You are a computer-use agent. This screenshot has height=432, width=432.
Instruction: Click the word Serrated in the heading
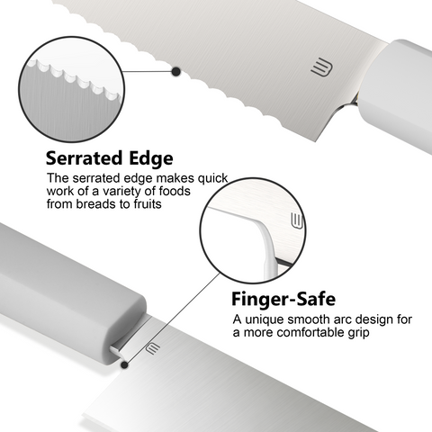[85, 158]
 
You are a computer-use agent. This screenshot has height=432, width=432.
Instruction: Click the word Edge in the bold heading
[151, 159]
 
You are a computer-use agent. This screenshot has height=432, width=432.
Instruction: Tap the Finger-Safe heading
[283, 299]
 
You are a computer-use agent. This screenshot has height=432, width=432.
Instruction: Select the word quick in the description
[212, 179]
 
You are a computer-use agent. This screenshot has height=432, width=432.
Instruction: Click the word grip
[358, 333]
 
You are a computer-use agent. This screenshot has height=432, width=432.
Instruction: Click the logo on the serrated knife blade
[321, 68]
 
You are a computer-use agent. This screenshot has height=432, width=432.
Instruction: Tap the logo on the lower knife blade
[153, 348]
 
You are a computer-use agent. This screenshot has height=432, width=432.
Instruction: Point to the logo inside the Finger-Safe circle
[297, 221]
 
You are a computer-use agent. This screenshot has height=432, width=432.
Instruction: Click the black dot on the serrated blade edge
[176, 71]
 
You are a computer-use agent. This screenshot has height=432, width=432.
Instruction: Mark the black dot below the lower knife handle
[124, 364]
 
